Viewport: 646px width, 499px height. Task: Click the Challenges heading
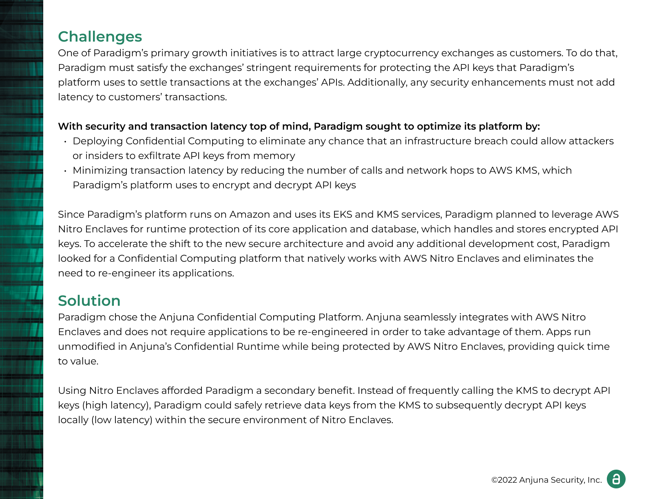(x=100, y=37)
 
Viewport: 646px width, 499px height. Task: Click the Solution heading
(x=89, y=301)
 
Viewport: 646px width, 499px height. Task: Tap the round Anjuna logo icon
(x=616, y=479)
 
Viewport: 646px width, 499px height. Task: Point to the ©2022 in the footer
(x=504, y=480)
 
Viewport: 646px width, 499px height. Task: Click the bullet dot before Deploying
(x=65, y=141)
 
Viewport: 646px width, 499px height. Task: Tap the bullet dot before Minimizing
(x=65, y=171)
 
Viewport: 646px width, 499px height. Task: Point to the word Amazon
(x=250, y=214)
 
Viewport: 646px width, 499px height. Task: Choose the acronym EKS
(x=343, y=214)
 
